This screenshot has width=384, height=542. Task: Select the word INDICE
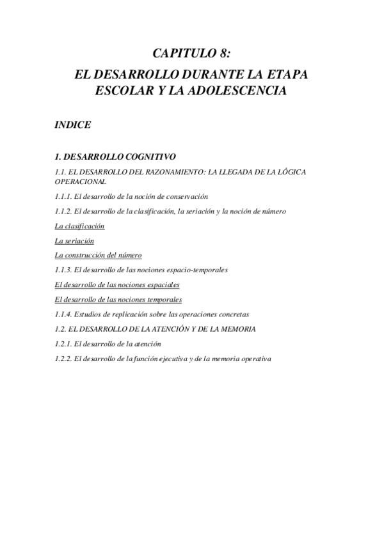click(x=72, y=125)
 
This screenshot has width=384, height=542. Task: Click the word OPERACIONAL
click(x=80, y=182)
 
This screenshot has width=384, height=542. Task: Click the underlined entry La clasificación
click(x=79, y=226)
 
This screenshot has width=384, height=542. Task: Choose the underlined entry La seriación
click(x=74, y=240)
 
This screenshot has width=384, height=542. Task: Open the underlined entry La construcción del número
click(x=98, y=255)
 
